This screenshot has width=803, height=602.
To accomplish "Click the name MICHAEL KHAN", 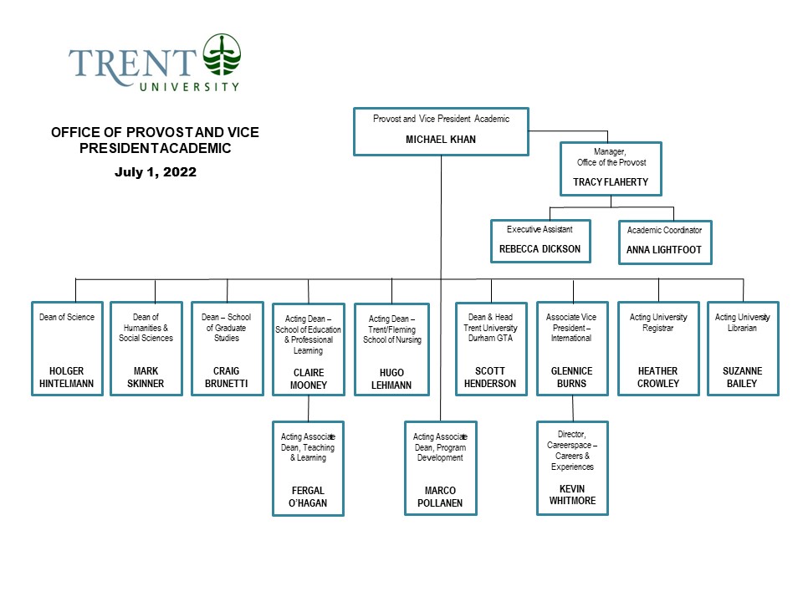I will point(441,140).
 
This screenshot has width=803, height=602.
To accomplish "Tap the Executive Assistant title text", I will point(540,229).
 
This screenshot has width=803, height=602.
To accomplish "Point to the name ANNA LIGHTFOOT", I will point(665,249).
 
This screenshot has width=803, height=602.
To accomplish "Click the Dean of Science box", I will point(67,348).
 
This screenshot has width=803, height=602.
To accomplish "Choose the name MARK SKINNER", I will point(146,377).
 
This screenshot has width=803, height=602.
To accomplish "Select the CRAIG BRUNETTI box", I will point(227,348).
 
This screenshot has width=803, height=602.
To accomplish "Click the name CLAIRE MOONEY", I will point(309,379).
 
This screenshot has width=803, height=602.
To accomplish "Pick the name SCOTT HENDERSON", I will point(490,377).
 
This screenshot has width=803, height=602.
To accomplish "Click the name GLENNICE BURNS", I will point(571,377).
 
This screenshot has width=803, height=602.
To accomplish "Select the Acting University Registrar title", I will point(657,322).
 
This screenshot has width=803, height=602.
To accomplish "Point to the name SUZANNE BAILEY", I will point(743,377).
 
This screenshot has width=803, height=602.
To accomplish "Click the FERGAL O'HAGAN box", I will point(309,468).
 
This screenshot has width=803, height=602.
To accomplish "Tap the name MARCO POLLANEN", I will point(441,497).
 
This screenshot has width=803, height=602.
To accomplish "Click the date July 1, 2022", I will point(155,172).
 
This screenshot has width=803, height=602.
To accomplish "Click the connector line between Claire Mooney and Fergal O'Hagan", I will point(309,409).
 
